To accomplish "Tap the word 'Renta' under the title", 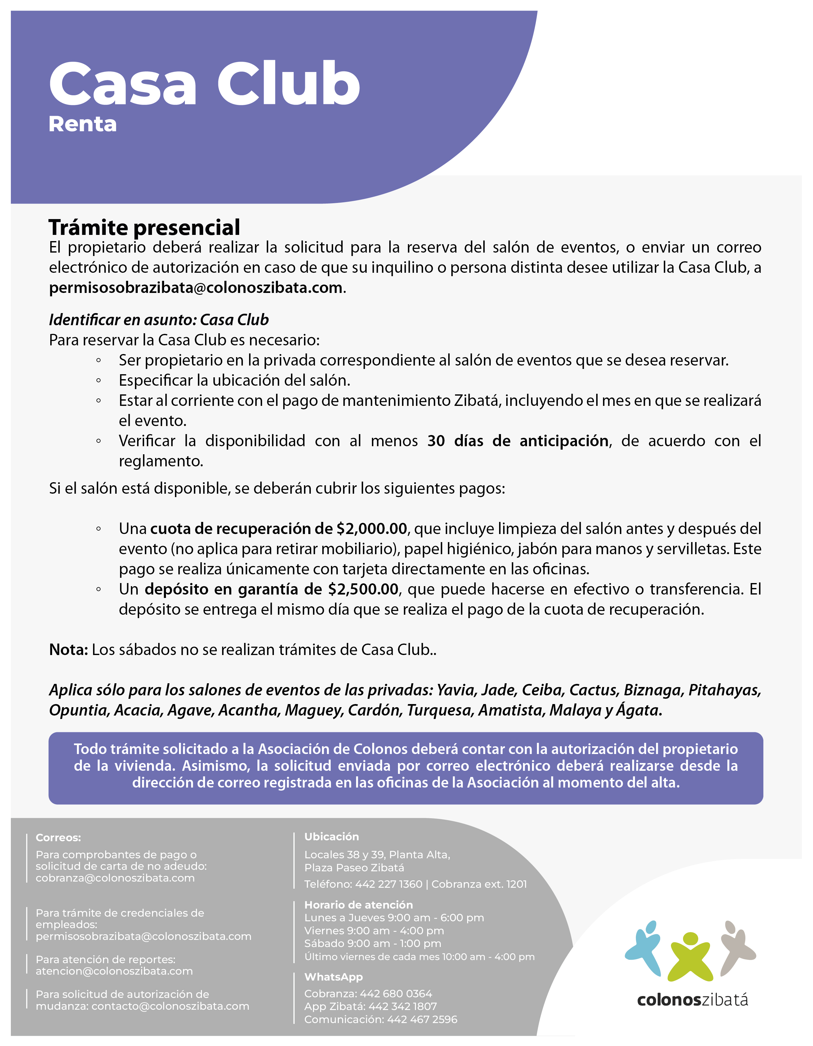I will point(83,124).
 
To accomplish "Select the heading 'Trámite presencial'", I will point(144,227).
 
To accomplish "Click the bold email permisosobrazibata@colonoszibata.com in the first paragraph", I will point(196,288).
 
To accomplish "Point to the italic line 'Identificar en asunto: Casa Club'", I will point(159,320).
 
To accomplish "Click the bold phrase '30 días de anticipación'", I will point(518,441).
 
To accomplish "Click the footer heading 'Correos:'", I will point(58,838).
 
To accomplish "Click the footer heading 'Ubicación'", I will point(331,837).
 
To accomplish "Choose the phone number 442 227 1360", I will point(388,884).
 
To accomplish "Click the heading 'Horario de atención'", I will point(358,905).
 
